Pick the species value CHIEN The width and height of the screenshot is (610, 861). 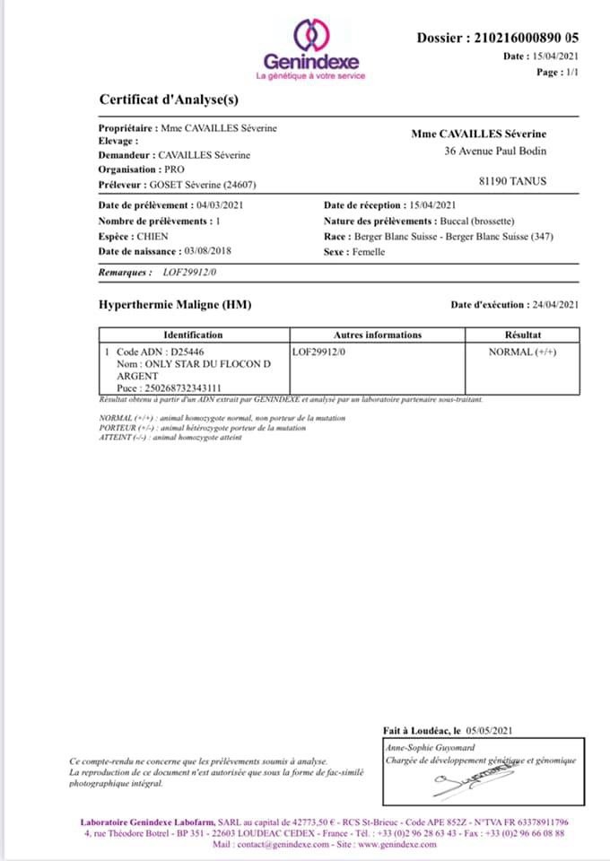152,236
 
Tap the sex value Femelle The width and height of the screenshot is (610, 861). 368,252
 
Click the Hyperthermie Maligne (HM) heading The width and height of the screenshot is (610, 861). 175,305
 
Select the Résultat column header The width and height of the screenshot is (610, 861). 522,335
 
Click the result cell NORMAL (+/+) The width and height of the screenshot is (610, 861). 522,352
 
